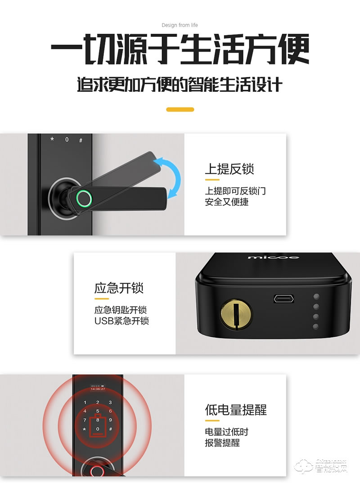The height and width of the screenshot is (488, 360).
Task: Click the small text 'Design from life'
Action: tap(180, 25)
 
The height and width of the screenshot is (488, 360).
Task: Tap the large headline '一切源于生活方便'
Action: tap(180, 50)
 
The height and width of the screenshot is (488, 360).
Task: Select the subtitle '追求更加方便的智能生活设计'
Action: tap(180, 84)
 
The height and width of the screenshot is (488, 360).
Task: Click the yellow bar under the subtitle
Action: tap(180, 109)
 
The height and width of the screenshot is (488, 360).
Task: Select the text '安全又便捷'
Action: tap(226, 202)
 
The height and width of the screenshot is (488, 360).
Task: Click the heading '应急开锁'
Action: tap(119, 288)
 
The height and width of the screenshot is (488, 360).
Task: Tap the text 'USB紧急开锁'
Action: tap(121, 321)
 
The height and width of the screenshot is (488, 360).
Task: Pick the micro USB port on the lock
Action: tap(283, 299)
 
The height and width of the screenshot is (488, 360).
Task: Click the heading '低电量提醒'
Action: tap(236, 410)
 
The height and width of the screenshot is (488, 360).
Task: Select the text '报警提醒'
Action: tap(222, 443)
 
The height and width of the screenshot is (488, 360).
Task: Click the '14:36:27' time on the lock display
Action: tap(97, 389)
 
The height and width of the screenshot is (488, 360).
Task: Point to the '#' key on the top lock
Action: tap(81, 140)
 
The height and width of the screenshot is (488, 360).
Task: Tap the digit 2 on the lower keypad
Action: tap(98, 403)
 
